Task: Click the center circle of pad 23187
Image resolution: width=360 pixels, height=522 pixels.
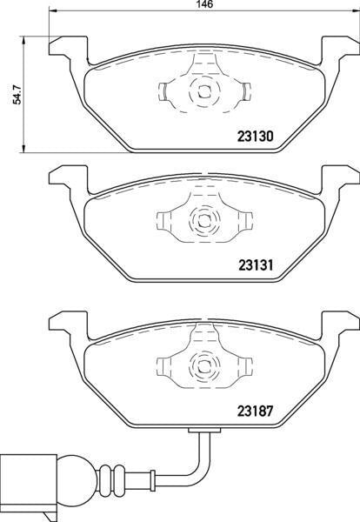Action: (202, 365)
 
